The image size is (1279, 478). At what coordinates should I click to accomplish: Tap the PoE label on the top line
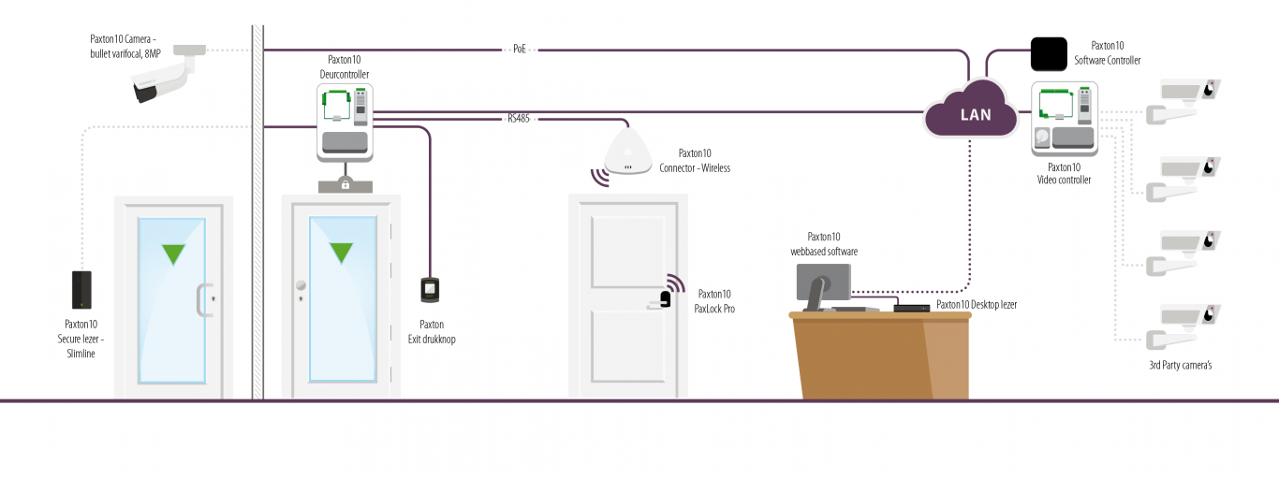coord(520,48)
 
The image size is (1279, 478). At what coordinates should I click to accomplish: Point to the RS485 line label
coord(519,119)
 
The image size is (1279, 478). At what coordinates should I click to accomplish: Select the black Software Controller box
coord(1049,54)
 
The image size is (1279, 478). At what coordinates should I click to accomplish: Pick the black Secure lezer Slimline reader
coord(81,290)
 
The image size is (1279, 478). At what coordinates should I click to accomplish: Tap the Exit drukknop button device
coord(431,290)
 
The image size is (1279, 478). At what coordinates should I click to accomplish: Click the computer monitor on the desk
coord(823,282)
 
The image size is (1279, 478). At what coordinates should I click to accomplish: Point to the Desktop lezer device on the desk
coord(909,306)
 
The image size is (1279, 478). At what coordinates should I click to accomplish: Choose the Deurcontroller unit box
coord(345,122)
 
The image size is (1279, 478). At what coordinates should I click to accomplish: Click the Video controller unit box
coord(1065,118)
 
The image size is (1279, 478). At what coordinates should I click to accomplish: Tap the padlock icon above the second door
coord(345,184)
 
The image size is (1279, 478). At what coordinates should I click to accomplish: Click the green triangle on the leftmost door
coord(172,252)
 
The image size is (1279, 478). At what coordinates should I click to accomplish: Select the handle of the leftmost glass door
coord(199,300)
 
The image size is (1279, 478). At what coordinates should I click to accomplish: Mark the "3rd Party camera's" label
coord(1180,365)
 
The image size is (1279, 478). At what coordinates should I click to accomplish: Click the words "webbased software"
coord(824,252)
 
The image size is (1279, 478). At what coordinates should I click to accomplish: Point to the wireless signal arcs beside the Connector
coord(597,176)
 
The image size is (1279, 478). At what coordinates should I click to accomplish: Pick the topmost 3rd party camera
coord(1188,91)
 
